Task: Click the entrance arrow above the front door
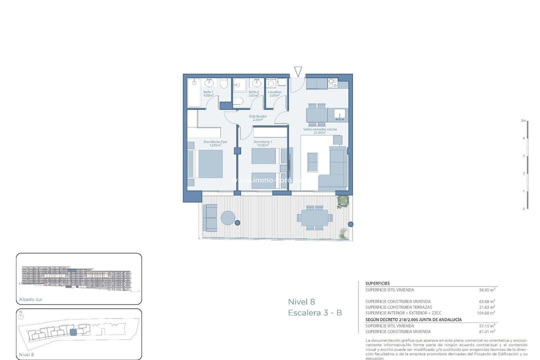pyautogui.click(x=298, y=71)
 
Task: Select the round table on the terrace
pyautogui.click(x=228, y=218)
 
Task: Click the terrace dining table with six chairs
pyautogui.click(x=313, y=217)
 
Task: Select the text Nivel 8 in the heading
pyautogui.click(x=301, y=301)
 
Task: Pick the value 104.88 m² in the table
pyautogui.click(x=485, y=313)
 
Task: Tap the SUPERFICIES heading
pyautogui.click(x=377, y=283)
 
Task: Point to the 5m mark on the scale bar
pyautogui.click(x=523, y=120)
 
